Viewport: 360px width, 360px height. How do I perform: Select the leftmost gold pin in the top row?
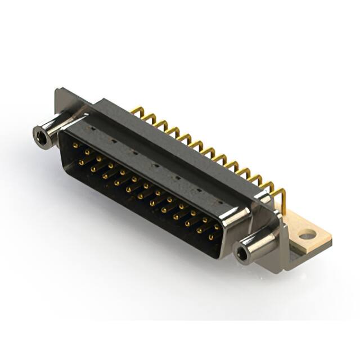(x=75, y=145)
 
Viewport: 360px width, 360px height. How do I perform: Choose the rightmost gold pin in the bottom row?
(x=211, y=238)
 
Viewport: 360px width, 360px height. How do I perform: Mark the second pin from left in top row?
(x=87, y=152)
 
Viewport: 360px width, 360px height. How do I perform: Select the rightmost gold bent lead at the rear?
(x=281, y=197)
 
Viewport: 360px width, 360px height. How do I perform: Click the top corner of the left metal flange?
(x=58, y=90)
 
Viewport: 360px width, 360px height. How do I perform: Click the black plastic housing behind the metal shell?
(x=169, y=141)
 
